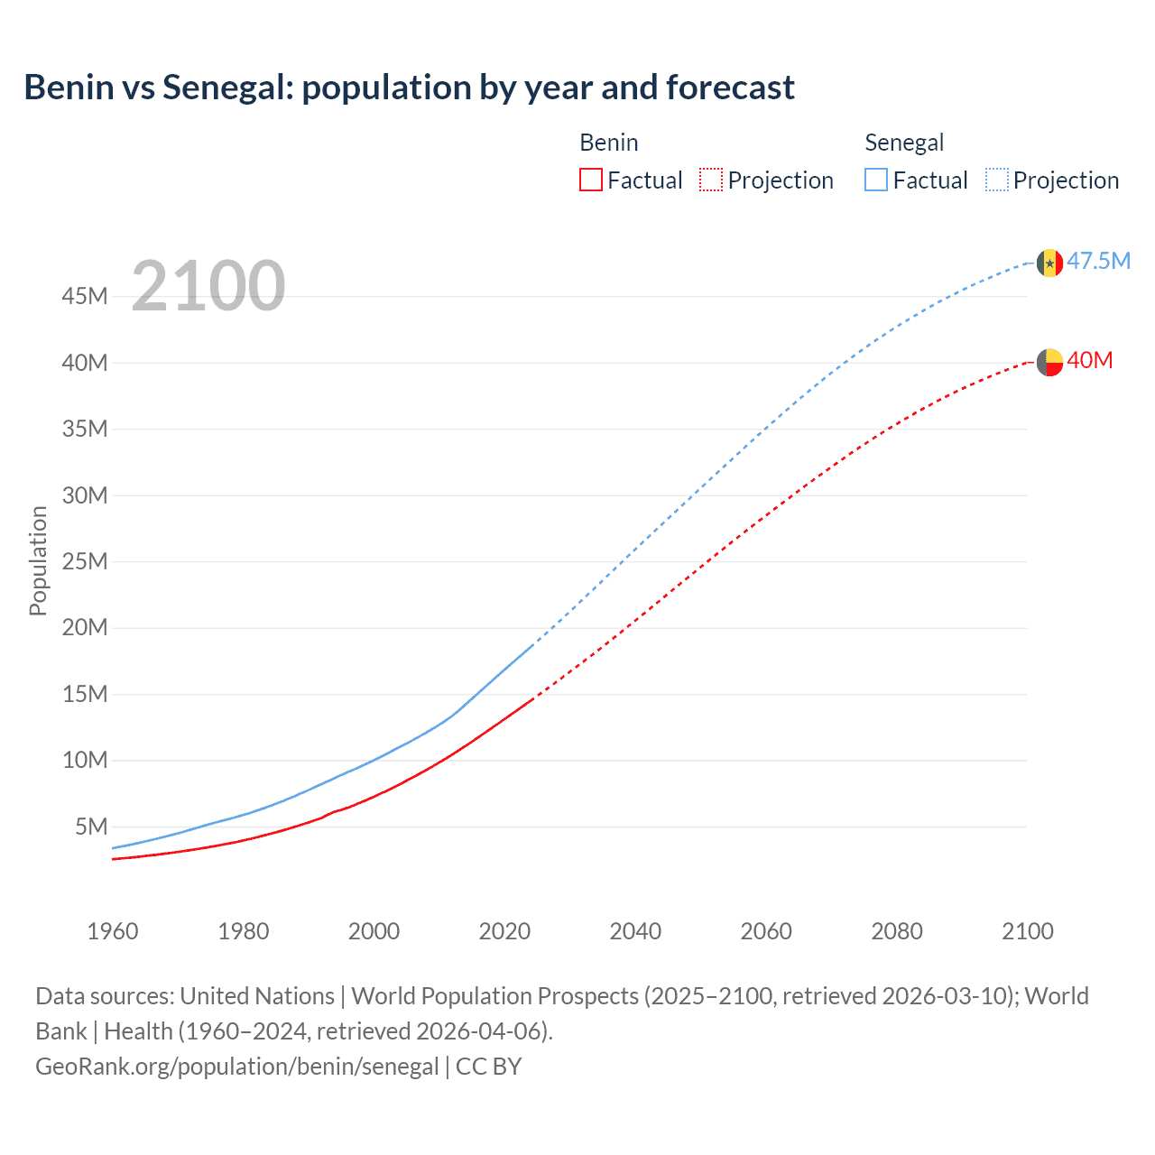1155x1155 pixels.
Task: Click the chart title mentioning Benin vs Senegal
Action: (x=409, y=88)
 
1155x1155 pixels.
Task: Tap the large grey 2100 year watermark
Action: (x=208, y=286)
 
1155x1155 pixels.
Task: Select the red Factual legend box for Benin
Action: (x=591, y=180)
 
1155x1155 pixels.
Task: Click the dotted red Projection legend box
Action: (x=711, y=180)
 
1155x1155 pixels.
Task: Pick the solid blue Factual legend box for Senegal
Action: (x=876, y=180)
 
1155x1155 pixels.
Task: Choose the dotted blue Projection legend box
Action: (x=997, y=180)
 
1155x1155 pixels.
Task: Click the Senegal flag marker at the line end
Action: (x=1049, y=263)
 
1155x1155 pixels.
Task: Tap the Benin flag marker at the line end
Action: (x=1049, y=362)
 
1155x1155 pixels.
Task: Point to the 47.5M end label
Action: (x=1098, y=261)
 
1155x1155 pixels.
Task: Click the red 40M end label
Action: (x=1089, y=360)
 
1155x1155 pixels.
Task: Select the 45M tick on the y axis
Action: (x=85, y=296)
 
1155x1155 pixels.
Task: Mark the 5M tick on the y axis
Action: (x=91, y=827)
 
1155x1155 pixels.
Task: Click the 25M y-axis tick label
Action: (x=85, y=561)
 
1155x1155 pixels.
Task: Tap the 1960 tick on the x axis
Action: (x=113, y=931)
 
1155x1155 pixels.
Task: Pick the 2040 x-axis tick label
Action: (x=635, y=931)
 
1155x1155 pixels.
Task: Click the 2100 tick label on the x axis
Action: (x=1027, y=931)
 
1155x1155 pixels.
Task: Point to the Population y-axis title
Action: (x=38, y=560)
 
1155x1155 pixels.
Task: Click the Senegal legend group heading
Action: (x=904, y=143)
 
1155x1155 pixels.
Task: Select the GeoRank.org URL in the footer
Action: (x=236, y=1067)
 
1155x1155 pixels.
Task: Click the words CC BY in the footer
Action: (x=488, y=1067)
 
